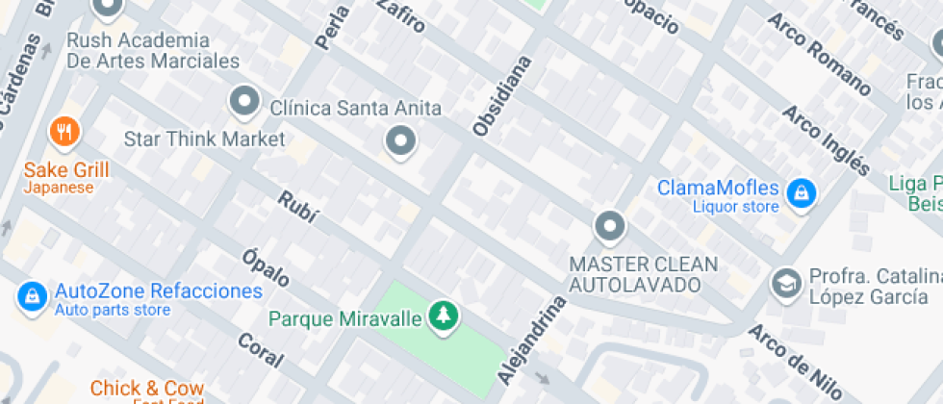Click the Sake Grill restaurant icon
pyautogui.click(x=64, y=132)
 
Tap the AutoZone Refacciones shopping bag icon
pyautogui.click(x=32, y=295)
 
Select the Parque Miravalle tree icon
pyautogui.click(x=444, y=316)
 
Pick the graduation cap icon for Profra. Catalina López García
pyautogui.click(x=786, y=283)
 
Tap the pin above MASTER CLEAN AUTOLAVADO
pyautogui.click(x=609, y=228)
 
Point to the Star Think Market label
pyautogui.click(x=204, y=139)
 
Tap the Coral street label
pyautogui.click(x=260, y=350)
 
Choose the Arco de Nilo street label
pyautogui.click(x=797, y=364)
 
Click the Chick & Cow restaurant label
pyautogui.click(x=147, y=389)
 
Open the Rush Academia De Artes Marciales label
pyautogui.click(x=152, y=51)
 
